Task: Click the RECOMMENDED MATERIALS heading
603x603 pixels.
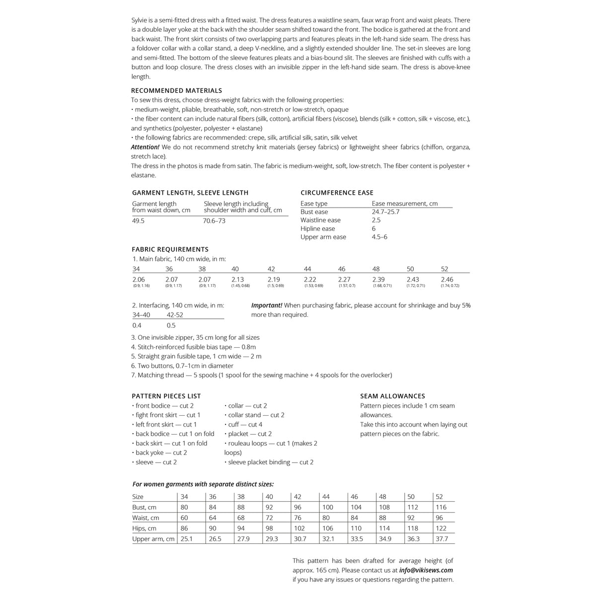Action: [176, 90]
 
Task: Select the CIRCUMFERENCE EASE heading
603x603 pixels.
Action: [337, 193]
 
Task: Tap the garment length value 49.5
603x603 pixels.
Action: [138, 221]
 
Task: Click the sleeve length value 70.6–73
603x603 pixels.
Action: [214, 221]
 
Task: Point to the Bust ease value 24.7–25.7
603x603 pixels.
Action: [385, 212]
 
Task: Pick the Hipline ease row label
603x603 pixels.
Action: [317, 228]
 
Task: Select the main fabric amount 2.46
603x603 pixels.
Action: [447, 280]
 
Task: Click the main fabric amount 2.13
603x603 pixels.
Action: [237, 280]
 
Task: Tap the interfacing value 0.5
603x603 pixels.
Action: [171, 325]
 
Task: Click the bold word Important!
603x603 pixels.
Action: [267, 305]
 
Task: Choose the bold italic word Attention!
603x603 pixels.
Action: [145, 147]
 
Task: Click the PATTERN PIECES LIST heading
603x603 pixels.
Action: [166, 396]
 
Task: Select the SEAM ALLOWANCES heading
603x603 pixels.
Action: [392, 396]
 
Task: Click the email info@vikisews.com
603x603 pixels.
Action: [426, 570]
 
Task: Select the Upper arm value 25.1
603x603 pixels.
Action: [187, 538]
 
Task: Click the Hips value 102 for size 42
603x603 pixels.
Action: [300, 528]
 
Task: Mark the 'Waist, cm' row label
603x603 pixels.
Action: [146, 518]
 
